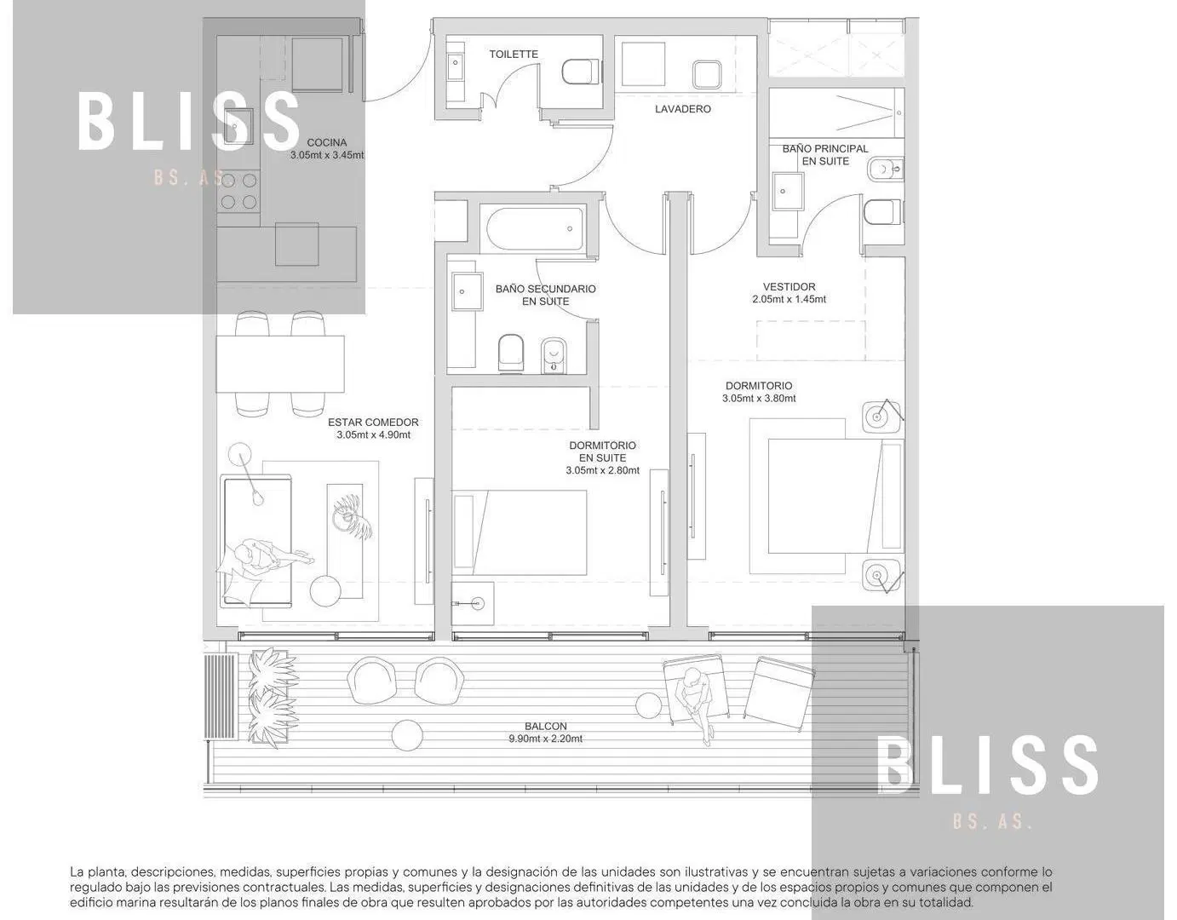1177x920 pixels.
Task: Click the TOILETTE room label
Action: (514, 55)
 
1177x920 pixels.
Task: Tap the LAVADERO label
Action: (682, 109)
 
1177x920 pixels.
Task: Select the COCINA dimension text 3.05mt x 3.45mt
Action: (327, 155)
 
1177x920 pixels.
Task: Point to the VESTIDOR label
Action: (789, 286)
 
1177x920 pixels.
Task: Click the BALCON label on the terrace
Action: (545, 726)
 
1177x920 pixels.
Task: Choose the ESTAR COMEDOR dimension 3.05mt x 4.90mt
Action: (373, 434)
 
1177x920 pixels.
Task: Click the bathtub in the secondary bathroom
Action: (535, 229)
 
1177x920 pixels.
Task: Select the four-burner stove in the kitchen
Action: (238, 191)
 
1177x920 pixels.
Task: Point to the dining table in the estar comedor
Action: (280, 364)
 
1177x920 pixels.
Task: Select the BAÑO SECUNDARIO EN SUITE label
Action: (545, 295)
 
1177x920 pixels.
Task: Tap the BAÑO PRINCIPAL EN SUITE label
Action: (825, 155)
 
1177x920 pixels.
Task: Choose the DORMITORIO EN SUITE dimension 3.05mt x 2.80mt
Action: (602, 470)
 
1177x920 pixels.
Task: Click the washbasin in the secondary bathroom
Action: (468, 291)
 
